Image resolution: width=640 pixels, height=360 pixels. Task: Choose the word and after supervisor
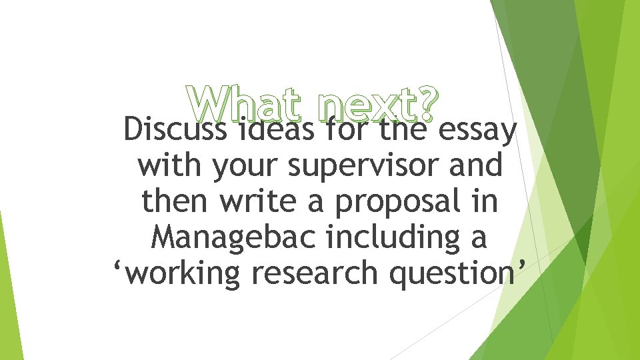[476, 165]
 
